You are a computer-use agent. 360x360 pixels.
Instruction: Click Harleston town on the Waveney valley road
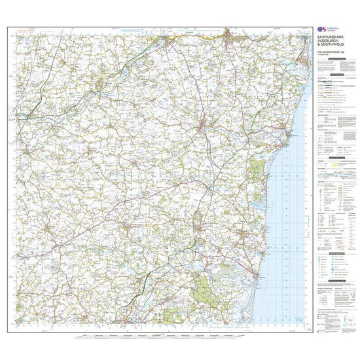coord(98,85)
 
